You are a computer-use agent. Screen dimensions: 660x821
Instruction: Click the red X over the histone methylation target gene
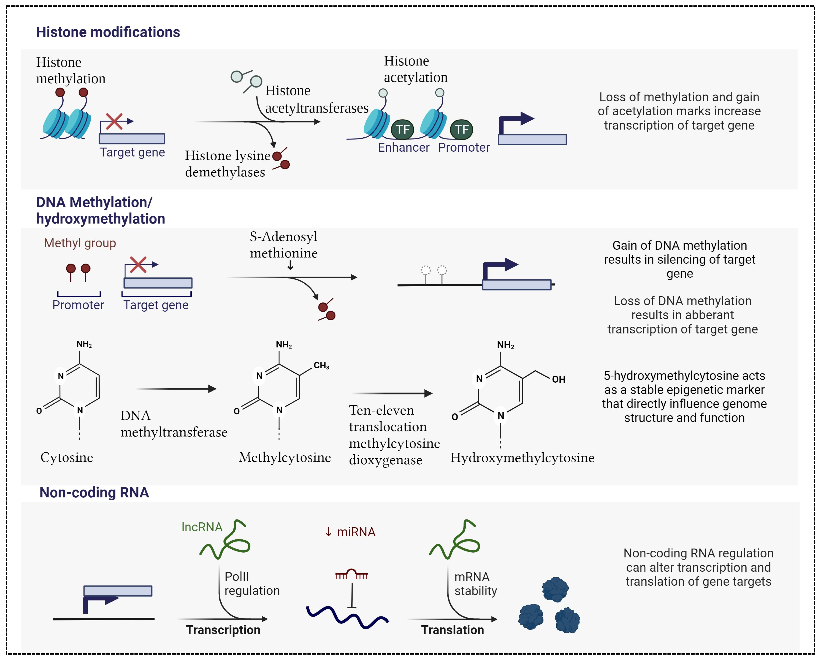(114, 121)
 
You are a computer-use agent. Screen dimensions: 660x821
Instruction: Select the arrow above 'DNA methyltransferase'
(176, 389)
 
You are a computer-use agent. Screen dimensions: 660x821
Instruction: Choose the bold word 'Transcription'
(223, 630)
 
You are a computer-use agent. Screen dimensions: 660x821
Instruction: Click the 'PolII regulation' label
(252, 583)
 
